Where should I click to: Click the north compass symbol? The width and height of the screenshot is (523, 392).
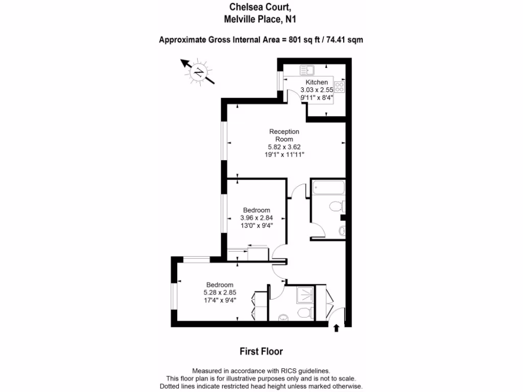coord(198,73)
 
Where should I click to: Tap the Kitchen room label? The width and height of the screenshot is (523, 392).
coord(317,82)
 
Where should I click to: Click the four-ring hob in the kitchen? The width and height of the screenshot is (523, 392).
coord(340,86)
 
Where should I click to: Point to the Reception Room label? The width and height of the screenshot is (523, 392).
coord(284,135)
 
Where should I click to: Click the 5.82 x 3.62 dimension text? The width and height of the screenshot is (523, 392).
coord(284,146)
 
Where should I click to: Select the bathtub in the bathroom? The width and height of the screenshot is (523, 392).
coord(328,189)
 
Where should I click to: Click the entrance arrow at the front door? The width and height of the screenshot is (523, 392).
coord(336,328)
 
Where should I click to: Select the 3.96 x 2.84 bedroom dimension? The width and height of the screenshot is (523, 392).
coord(256,217)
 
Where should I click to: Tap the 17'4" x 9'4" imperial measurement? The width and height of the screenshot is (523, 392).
coord(220,300)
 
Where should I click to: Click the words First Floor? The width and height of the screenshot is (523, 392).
coord(261,351)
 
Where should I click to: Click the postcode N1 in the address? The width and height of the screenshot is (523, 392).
coord(291,20)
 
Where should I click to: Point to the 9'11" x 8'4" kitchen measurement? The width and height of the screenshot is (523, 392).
coord(317,96)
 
